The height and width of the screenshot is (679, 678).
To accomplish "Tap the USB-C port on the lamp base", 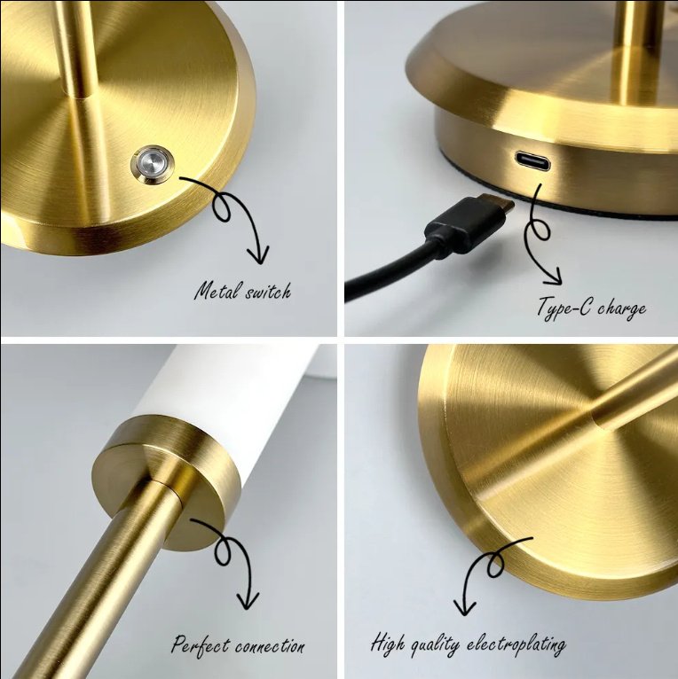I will (531, 161).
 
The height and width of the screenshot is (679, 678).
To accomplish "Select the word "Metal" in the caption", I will (215, 291).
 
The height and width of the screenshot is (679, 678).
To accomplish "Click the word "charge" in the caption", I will (621, 309).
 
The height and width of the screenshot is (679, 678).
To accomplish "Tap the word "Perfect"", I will (200, 645).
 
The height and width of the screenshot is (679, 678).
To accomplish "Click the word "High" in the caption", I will (387, 642).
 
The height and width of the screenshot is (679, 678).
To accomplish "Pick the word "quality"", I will (435, 644).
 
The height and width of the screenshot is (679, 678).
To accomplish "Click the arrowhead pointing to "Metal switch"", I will (258, 257).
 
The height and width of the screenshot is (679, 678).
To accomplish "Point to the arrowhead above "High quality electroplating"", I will (462, 608).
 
